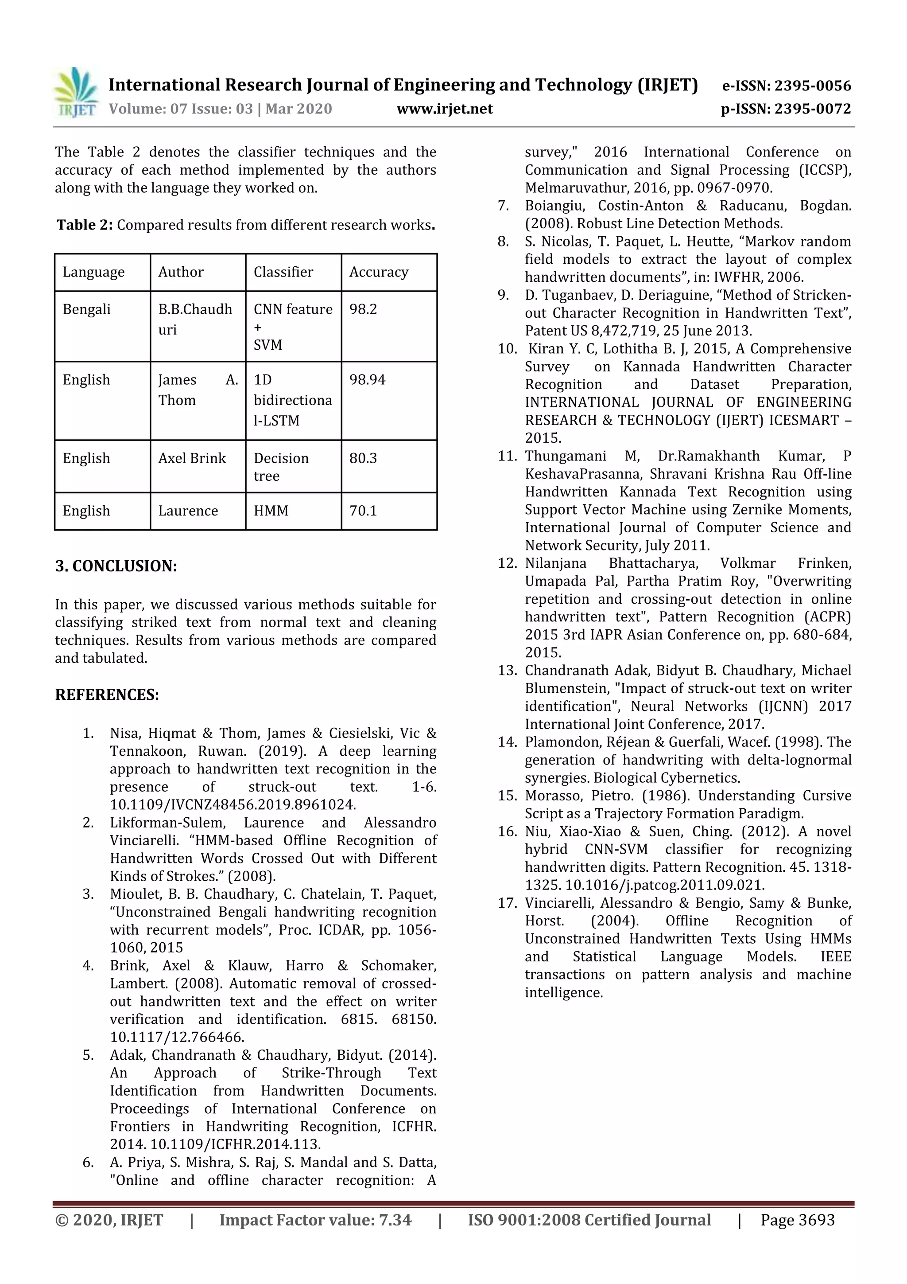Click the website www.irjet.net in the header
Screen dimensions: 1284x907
pyautogui.click(x=444, y=109)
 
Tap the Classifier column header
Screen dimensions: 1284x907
pyautogui.click(x=283, y=272)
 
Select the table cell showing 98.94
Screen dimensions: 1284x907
pyautogui.click(x=367, y=380)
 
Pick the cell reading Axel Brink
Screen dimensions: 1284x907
pyautogui.click(x=192, y=459)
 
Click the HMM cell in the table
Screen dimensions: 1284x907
pyautogui.click(x=271, y=511)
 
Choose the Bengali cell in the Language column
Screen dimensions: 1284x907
pyautogui.click(x=87, y=310)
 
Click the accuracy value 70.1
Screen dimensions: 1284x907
pyautogui.click(x=363, y=511)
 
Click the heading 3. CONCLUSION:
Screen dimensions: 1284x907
pyautogui.click(x=116, y=566)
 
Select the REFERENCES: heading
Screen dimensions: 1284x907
pyautogui.click(x=107, y=695)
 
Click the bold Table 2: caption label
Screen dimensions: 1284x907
pyautogui.click(x=85, y=225)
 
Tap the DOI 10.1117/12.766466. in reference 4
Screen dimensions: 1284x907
pyautogui.click(x=177, y=1038)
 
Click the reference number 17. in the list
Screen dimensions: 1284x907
pyautogui.click(x=507, y=903)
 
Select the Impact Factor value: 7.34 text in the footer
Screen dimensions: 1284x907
pyautogui.click(x=315, y=1220)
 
